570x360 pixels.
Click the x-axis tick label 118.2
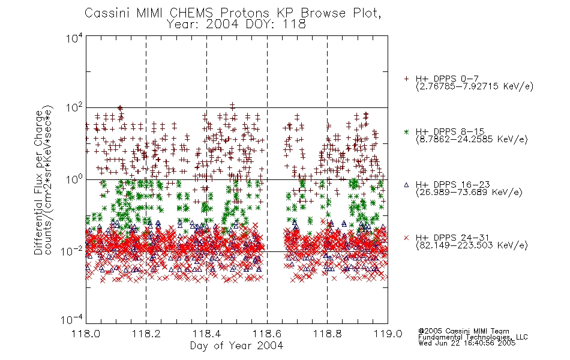(x=146, y=334)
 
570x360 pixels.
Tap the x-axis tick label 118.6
(x=267, y=334)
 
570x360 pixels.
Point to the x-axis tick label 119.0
(x=388, y=334)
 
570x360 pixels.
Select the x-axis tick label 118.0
(x=86, y=334)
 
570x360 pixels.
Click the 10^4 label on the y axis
(x=74, y=38)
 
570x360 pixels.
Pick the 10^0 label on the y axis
(x=74, y=179)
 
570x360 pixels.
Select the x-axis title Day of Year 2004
(x=236, y=346)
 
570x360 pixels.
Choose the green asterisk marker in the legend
(x=406, y=131)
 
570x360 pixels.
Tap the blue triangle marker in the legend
(x=406, y=185)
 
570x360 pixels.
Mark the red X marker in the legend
(x=406, y=238)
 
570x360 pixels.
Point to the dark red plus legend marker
(x=406, y=79)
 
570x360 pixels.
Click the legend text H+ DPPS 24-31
(x=452, y=238)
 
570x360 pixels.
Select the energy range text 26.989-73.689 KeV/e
(x=469, y=193)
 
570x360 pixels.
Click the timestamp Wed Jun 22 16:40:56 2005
(x=467, y=343)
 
